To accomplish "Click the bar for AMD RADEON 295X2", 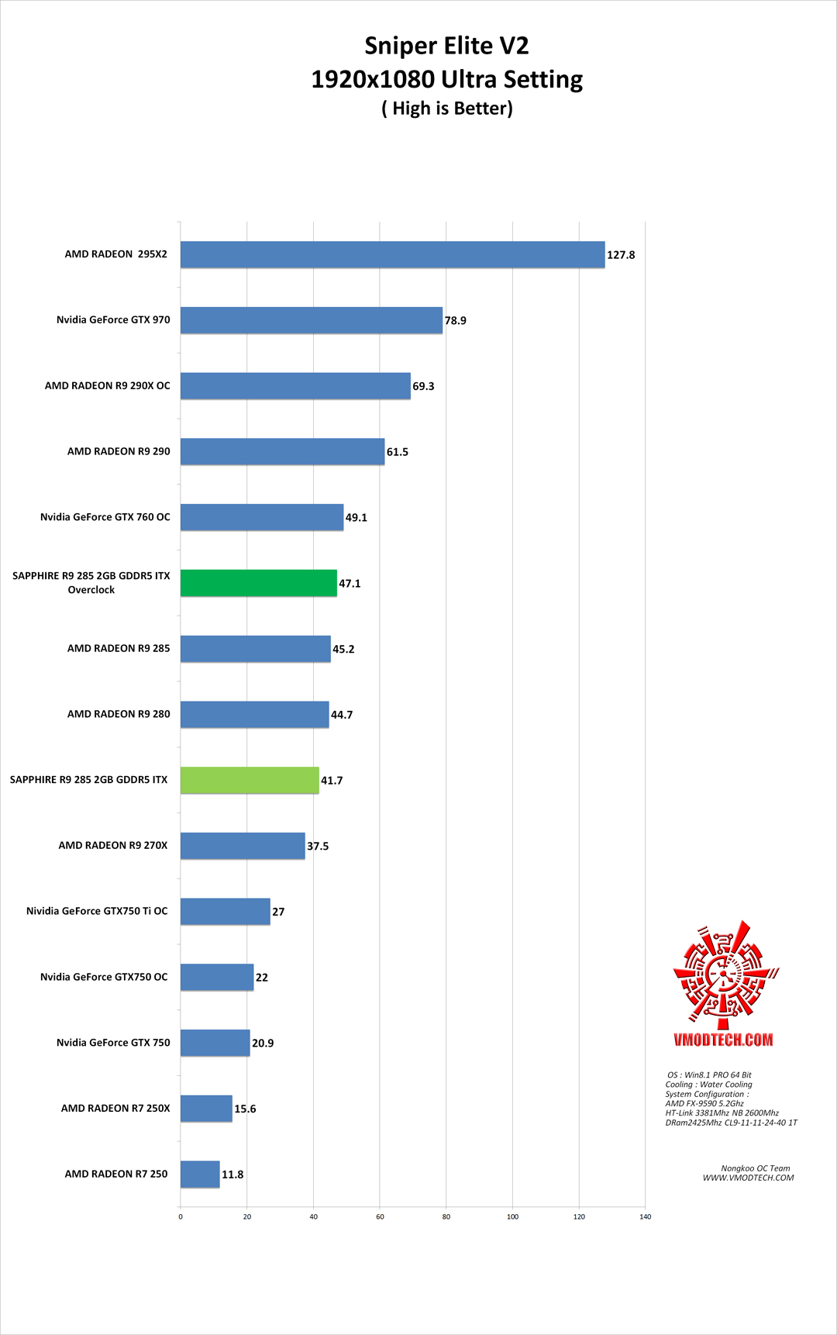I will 392,254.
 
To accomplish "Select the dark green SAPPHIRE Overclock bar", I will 259,583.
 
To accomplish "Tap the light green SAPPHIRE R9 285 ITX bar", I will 250,780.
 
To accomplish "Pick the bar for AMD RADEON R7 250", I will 200,1174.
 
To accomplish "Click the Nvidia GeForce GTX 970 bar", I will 312,320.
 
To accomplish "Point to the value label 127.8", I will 621,255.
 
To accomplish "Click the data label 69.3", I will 423,386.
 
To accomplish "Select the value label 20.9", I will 263,1044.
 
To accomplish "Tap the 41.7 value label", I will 332,781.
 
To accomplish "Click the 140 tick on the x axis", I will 645,1216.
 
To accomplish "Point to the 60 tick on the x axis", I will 380,1216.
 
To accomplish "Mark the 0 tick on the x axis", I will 181,1216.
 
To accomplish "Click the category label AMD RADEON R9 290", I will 119,451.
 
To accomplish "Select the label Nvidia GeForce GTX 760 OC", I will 105,517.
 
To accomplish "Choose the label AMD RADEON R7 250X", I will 115,1108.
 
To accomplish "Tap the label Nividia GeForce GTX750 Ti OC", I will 97,911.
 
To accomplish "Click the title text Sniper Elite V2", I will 446,46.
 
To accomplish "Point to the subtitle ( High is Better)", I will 447,109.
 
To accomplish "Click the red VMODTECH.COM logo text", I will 723,1040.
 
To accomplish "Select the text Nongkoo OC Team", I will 756,1168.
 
